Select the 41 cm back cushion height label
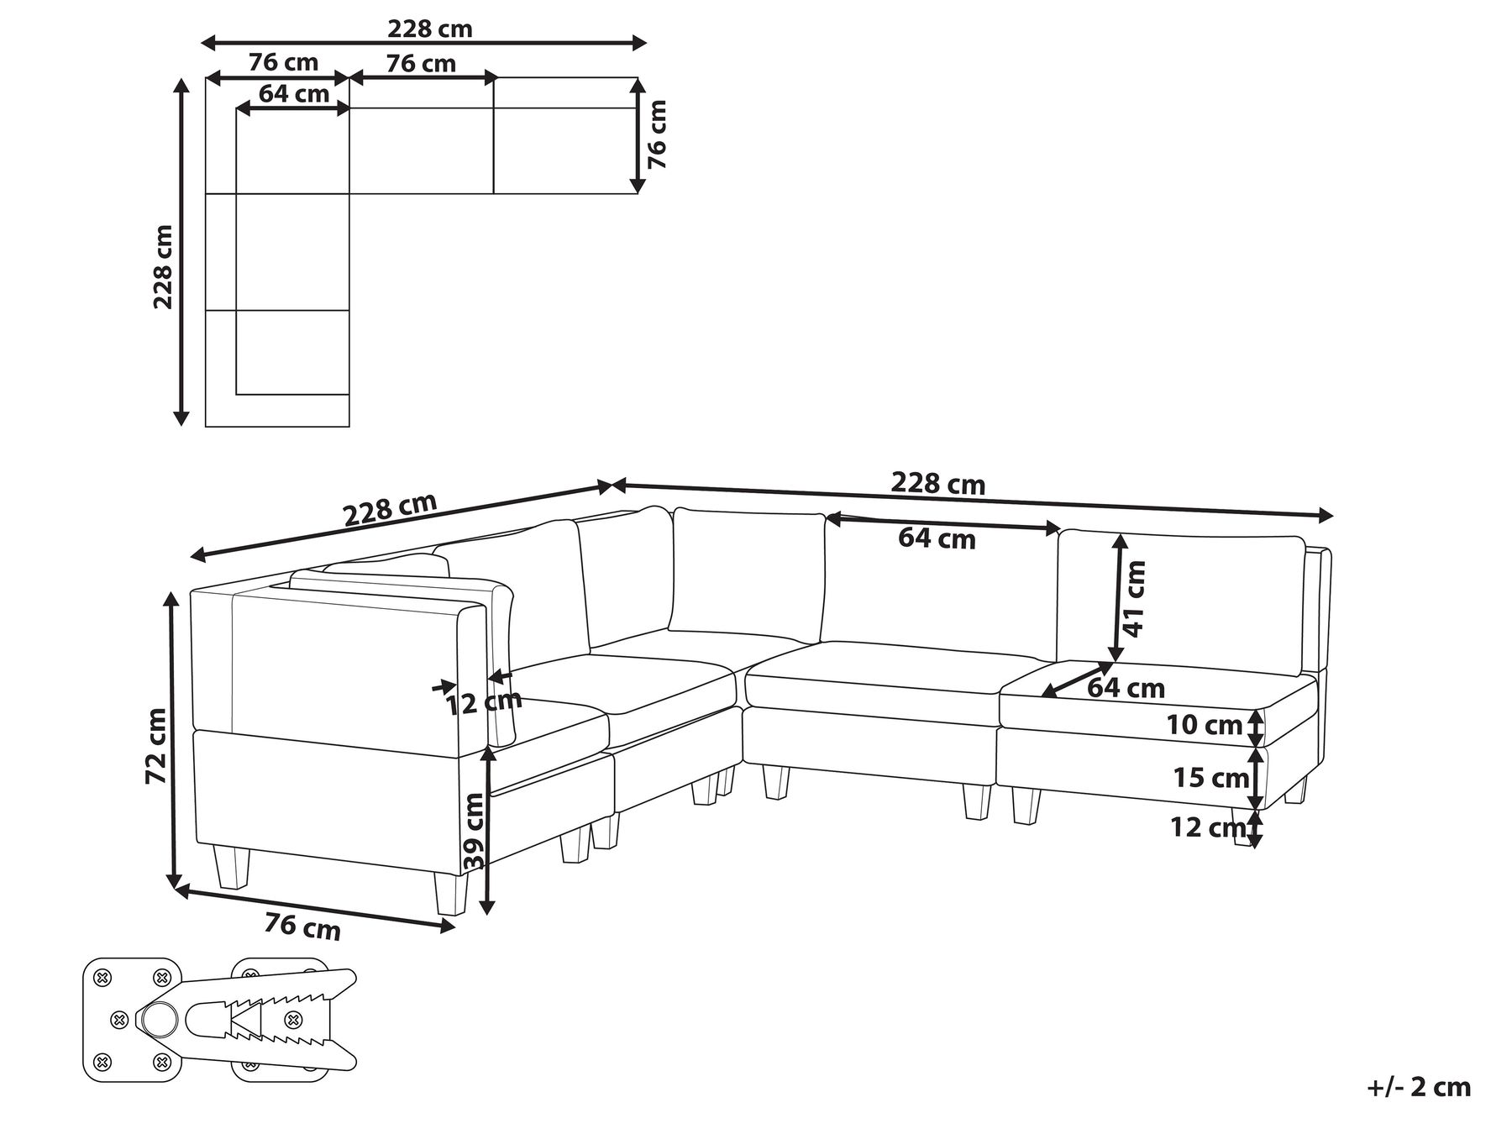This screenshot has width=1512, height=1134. (x=1134, y=598)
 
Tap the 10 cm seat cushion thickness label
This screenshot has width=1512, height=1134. (x=1205, y=724)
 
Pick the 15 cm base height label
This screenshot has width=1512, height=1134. (x=1210, y=778)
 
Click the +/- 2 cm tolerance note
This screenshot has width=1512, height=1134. (x=1419, y=1087)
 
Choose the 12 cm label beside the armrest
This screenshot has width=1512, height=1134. (x=484, y=702)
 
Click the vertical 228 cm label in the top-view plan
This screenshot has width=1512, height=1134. (x=163, y=266)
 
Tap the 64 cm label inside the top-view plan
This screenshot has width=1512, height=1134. (x=294, y=93)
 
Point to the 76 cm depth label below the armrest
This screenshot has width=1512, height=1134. (x=302, y=927)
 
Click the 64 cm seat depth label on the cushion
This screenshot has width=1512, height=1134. (x=1126, y=688)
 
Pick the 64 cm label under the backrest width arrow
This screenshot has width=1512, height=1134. (x=937, y=538)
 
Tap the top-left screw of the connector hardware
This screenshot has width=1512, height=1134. (x=103, y=977)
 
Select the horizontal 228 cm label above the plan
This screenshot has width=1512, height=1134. (x=429, y=29)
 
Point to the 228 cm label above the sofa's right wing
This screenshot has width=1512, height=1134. (x=937, y=484)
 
